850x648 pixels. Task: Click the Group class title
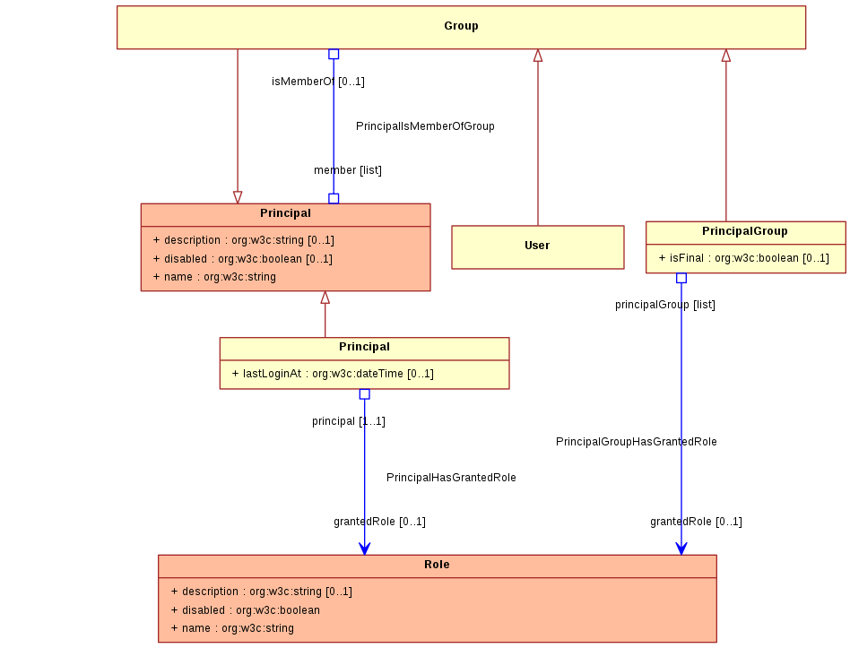click(461, 26)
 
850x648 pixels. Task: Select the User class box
click(538, 247)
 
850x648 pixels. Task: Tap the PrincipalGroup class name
click(745, 231)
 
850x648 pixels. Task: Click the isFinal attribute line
click(744, 258)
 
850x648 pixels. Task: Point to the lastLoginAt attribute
click(333, 374)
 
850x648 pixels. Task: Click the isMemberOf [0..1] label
click(318, 82)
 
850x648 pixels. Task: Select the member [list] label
click(348, 170)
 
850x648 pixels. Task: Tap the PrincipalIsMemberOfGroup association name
click(425, 126)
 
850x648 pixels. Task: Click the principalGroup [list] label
click(665, 305)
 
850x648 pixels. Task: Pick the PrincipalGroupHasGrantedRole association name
click(637, 442)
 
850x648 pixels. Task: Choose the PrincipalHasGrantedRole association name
click(451, 478)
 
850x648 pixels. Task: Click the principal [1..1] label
click(349, 421)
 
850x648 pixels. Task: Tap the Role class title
click(437, 565)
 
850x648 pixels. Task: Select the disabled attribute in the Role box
click(245, 610)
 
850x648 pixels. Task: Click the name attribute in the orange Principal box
click(214, 277)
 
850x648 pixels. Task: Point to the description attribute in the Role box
click(261, 592)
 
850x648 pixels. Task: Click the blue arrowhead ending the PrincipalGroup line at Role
click(681, 549)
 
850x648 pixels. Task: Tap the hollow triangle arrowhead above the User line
click(538, 56)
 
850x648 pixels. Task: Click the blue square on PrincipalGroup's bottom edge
click(681, 278)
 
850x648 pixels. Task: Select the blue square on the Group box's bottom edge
click(334, 54)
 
